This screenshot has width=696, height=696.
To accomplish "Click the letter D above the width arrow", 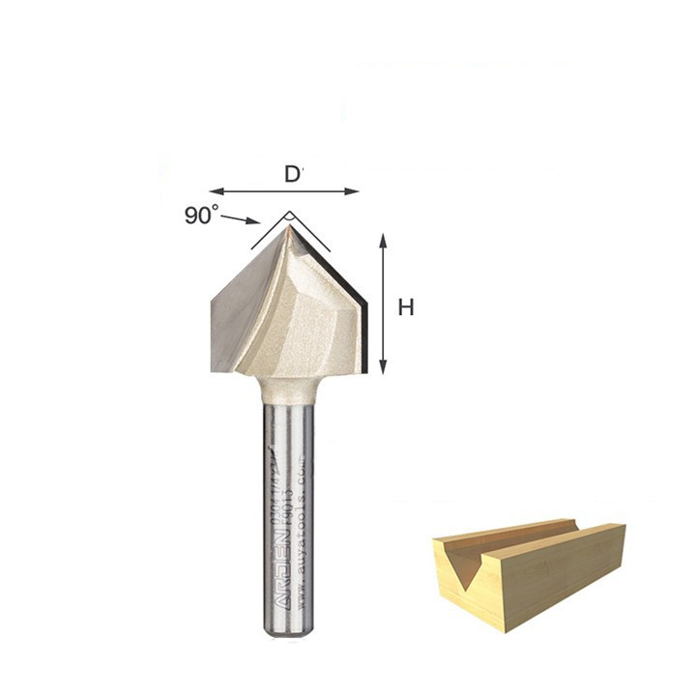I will (292, 175).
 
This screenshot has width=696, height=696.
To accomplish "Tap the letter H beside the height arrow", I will (406, 307).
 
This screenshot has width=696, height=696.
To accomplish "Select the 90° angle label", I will (201, 216).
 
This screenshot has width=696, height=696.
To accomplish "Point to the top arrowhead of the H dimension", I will (384, 240).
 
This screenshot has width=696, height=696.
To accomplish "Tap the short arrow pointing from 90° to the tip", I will (240, 219).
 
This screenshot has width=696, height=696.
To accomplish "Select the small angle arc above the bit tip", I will (288, 215).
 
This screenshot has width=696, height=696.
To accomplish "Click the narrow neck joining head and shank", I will (288, 389).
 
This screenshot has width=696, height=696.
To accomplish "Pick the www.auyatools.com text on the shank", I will (304, 541).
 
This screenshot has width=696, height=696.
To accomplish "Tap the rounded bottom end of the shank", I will (288, 631).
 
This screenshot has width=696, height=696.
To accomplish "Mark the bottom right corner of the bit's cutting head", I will (365, 372).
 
